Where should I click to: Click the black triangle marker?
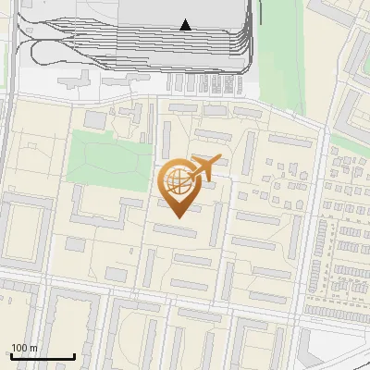pos(186,25)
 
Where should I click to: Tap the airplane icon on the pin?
pos(205,166)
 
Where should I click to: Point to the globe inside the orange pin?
pos(178,181)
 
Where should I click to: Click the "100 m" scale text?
pos(24,348)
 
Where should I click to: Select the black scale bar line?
pos(43,357)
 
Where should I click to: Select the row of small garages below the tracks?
pos(207,83)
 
